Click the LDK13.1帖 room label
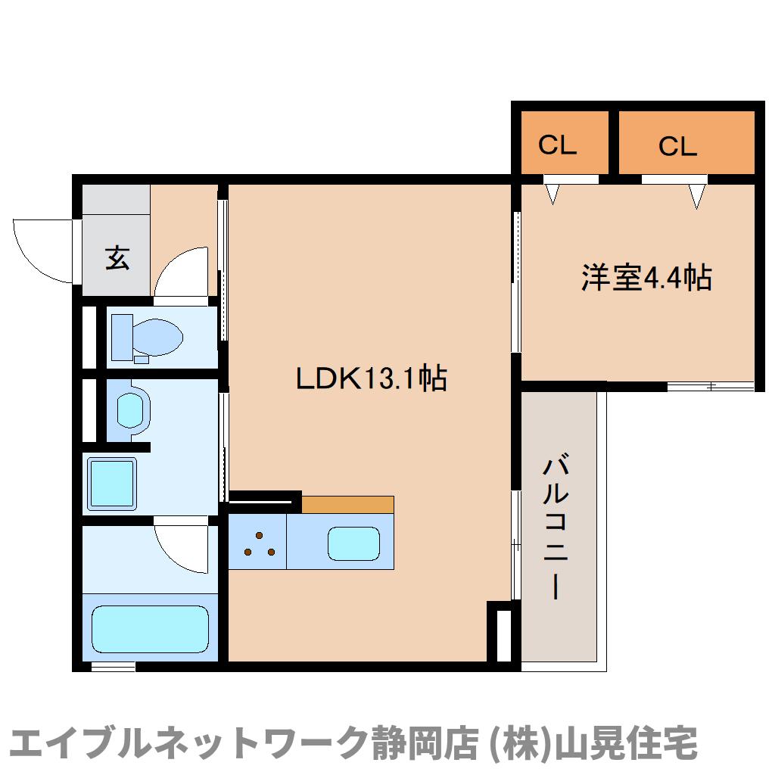tap(371, 378)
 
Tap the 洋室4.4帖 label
tap(646, 279)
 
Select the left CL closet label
tap(558, 145)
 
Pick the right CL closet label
tap(677, 146)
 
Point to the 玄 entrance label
tap(117, 258)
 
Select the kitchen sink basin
tap(353, 543)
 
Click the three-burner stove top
tap(258, 543)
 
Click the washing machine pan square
tap(112, 482)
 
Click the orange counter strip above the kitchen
tap(347, 504)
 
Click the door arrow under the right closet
tap(697, 196)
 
